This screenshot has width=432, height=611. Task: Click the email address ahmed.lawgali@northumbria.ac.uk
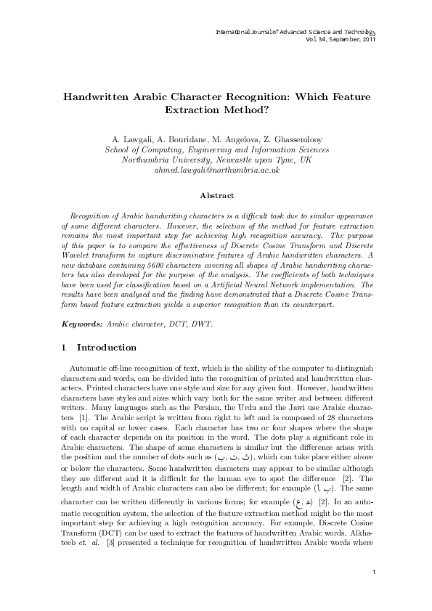217,169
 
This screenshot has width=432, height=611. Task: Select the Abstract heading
216,195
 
